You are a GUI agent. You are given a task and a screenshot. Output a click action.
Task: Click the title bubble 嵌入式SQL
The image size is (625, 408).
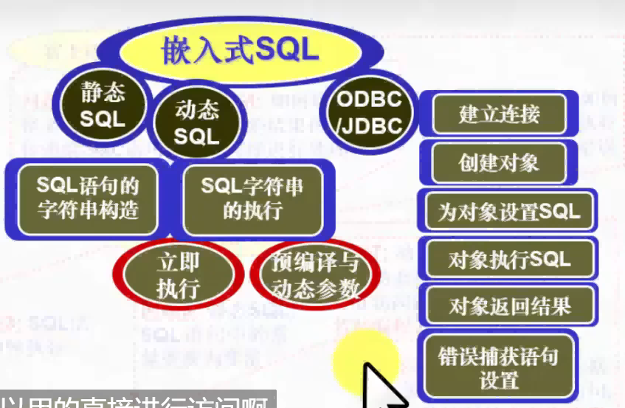[x=241, y=49]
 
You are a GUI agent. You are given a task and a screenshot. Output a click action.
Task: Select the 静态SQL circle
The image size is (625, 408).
[x=103, y=104]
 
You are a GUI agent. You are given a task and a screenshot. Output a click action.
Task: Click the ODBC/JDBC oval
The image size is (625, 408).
[x=368, y=111]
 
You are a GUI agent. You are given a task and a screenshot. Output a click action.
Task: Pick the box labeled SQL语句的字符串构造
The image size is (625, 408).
[x=88, y=198]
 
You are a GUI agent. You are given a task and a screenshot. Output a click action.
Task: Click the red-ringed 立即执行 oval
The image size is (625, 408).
[x=178, y=275]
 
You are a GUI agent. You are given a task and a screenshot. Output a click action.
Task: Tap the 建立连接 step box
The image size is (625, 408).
[x=499, y=114]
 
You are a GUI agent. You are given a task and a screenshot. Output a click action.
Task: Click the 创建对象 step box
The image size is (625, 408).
[x=498, y=163]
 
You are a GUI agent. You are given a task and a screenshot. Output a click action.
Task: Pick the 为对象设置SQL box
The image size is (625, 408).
[x=508, y=212]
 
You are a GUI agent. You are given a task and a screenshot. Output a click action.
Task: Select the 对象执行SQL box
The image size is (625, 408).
[x=508, y=259]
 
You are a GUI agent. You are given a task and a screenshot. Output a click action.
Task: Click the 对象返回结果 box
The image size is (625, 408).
[x=509, y=305]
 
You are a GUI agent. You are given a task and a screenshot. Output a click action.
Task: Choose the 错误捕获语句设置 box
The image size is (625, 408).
[x=499, y=368]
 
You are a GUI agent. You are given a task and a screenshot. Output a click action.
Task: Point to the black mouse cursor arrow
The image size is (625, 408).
[x=380, y=384]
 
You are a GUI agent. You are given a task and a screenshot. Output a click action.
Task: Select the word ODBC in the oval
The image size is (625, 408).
[x=369, y=99]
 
